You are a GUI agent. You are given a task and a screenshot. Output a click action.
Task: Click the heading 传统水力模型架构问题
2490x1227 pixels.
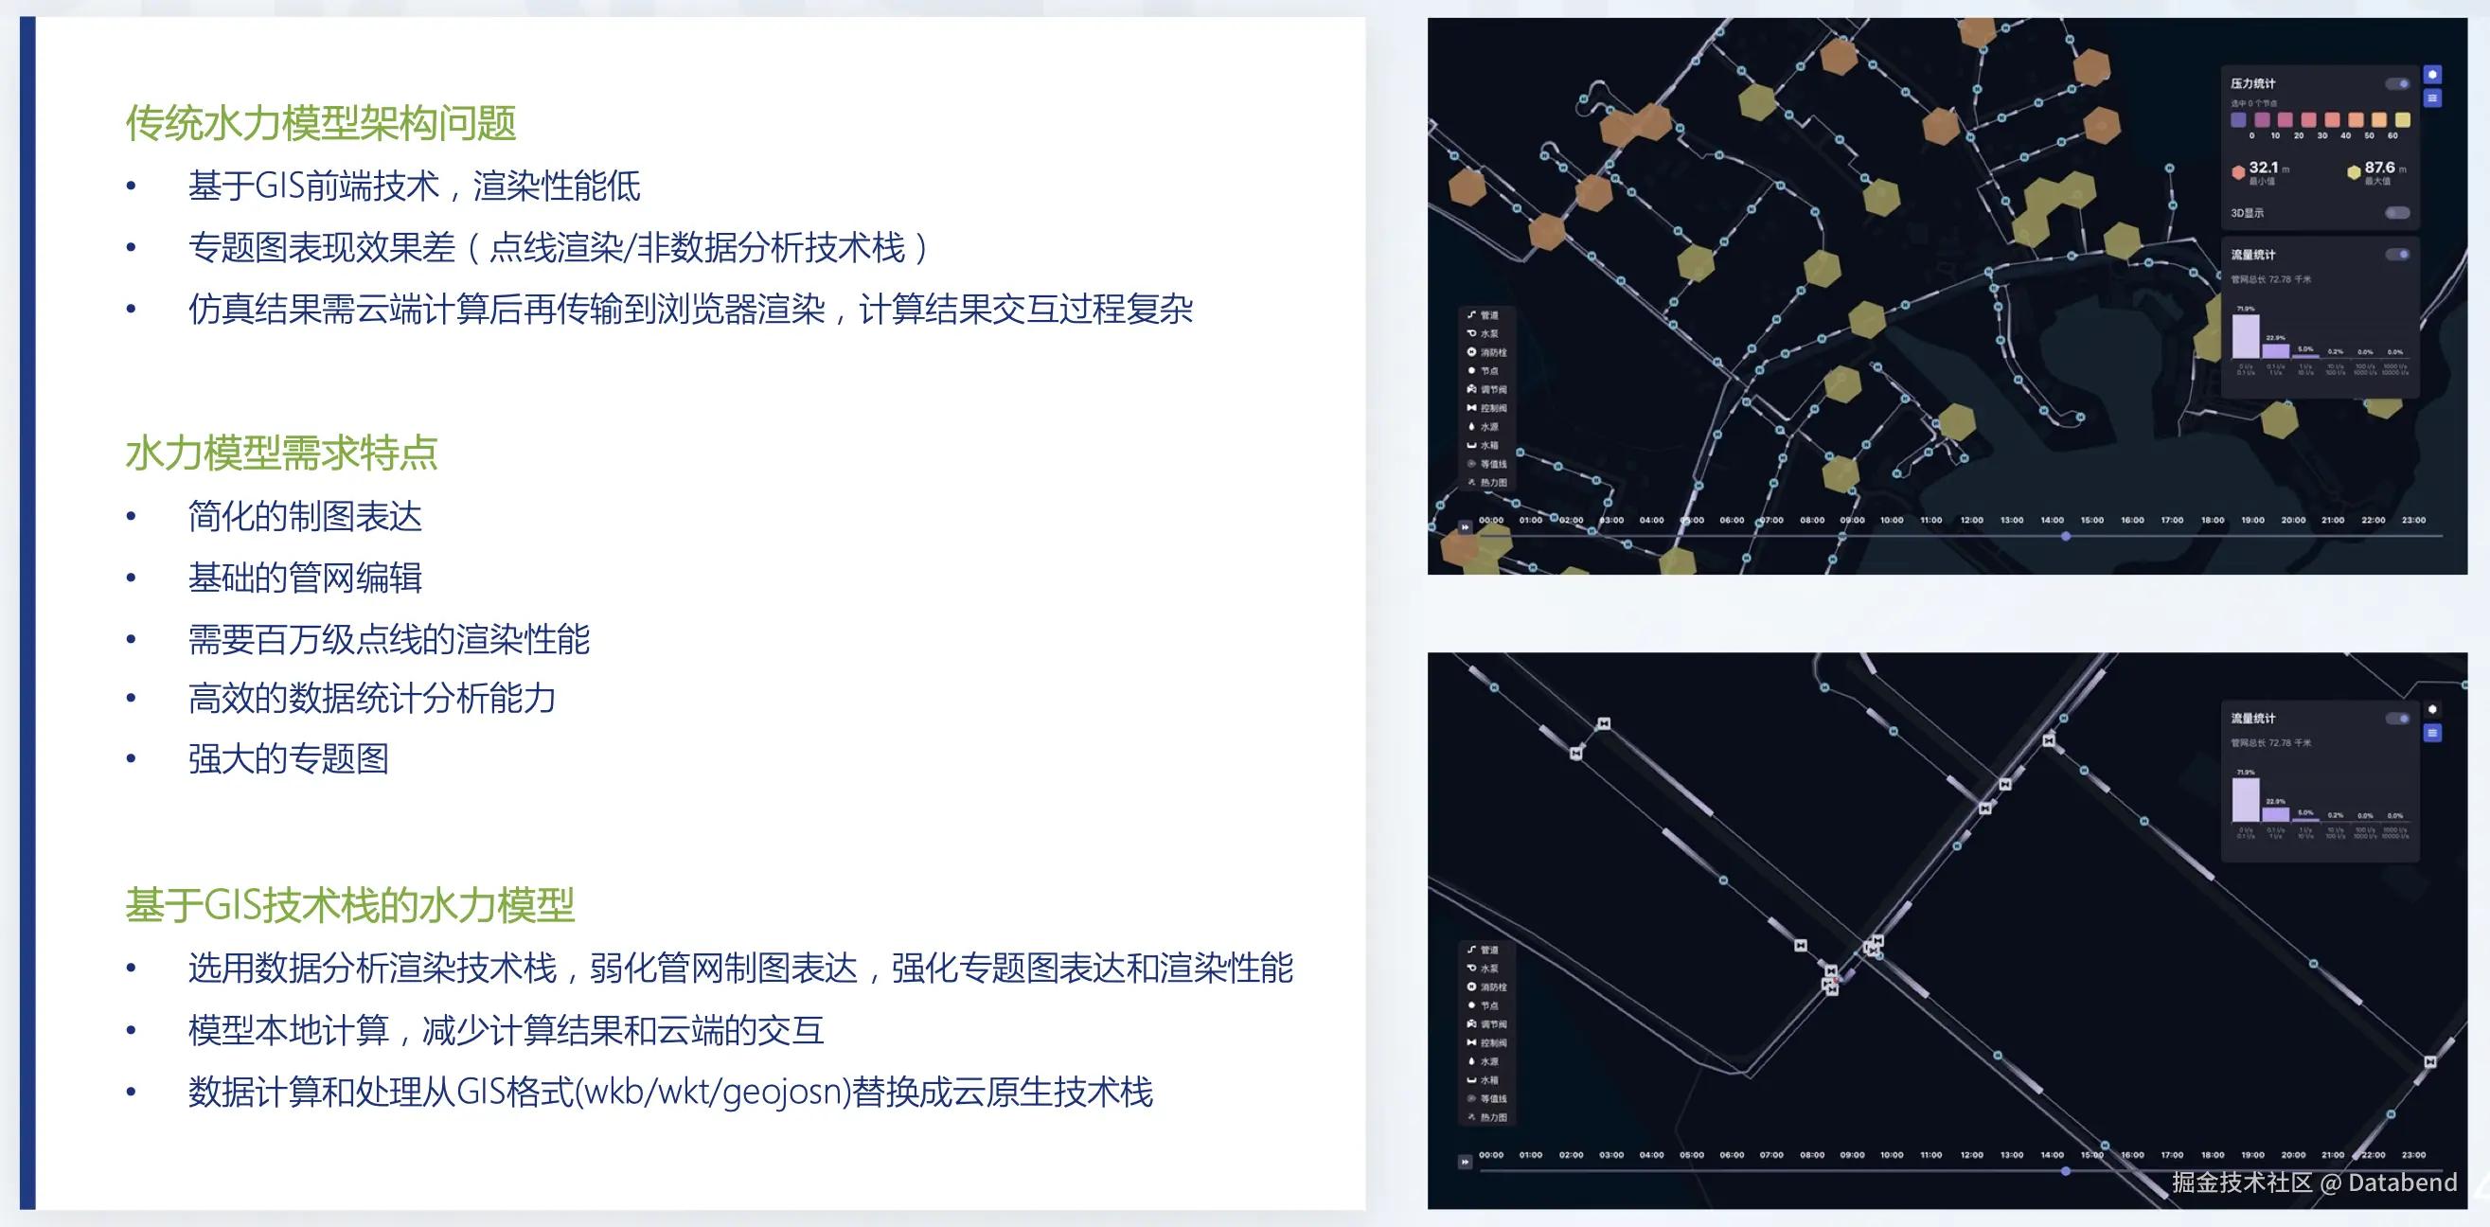click(x=320, y=124)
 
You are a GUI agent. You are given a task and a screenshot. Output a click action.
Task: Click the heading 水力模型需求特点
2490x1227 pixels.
click(x=281, y=453)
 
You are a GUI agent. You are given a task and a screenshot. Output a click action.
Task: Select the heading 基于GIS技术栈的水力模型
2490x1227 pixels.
click(x=350, y=905)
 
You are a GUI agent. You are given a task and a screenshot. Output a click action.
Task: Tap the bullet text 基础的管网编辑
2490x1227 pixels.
click(x=305, y=578)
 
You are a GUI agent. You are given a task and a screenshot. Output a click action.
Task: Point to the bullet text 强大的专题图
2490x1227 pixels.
click(x=288, y=759)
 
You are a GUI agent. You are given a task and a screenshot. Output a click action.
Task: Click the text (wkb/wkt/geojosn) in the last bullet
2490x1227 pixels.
click(x=713, y=1093)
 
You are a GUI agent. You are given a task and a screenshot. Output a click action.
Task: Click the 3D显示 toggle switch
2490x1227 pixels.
click(x=2397, y=213)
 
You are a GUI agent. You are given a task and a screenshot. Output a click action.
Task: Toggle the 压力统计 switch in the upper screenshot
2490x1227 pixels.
click(x=2397, y=84)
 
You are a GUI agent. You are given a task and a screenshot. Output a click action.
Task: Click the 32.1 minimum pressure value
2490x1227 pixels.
click(x=2263, y=169)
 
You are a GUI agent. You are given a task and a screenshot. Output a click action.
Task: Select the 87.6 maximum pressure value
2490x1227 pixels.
click(x=2379, y=169)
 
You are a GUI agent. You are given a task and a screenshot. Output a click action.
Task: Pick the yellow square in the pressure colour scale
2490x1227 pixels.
click(x=2403, y=120)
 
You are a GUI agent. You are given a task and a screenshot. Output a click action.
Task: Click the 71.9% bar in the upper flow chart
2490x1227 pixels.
click(x=2246, y=336)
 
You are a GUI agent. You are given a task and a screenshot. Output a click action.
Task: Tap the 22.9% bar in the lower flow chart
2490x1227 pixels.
click(x=2275, y=814)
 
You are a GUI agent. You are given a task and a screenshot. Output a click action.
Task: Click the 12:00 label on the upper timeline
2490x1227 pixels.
click(x=1971, y=520)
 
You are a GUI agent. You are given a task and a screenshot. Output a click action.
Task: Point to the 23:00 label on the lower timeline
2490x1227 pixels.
click(x=2413, y=1154)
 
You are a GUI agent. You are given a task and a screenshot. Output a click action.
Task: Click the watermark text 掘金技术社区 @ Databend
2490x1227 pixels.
click(x=2314, y=1183)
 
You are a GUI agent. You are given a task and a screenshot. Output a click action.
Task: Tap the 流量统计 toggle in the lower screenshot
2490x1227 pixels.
click(x=2397, y=719)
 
